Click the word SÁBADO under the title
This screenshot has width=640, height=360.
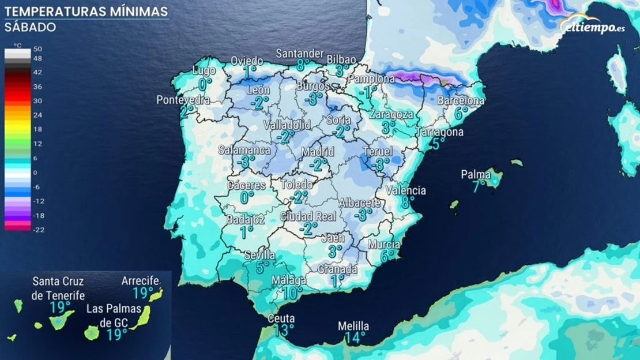(30, 27)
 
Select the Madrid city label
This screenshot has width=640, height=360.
(318, 152)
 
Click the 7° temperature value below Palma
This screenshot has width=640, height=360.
(479, 186)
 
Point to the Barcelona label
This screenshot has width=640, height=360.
(461, 100)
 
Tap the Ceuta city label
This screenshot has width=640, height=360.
(281, 318)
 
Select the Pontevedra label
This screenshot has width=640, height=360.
(183, 100)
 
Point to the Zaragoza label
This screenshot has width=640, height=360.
(391, 114)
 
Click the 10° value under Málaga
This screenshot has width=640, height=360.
(292, 292)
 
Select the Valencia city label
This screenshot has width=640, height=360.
(406, 190)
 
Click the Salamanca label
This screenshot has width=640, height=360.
(244, 150)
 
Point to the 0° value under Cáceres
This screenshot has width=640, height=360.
(247, 197)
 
